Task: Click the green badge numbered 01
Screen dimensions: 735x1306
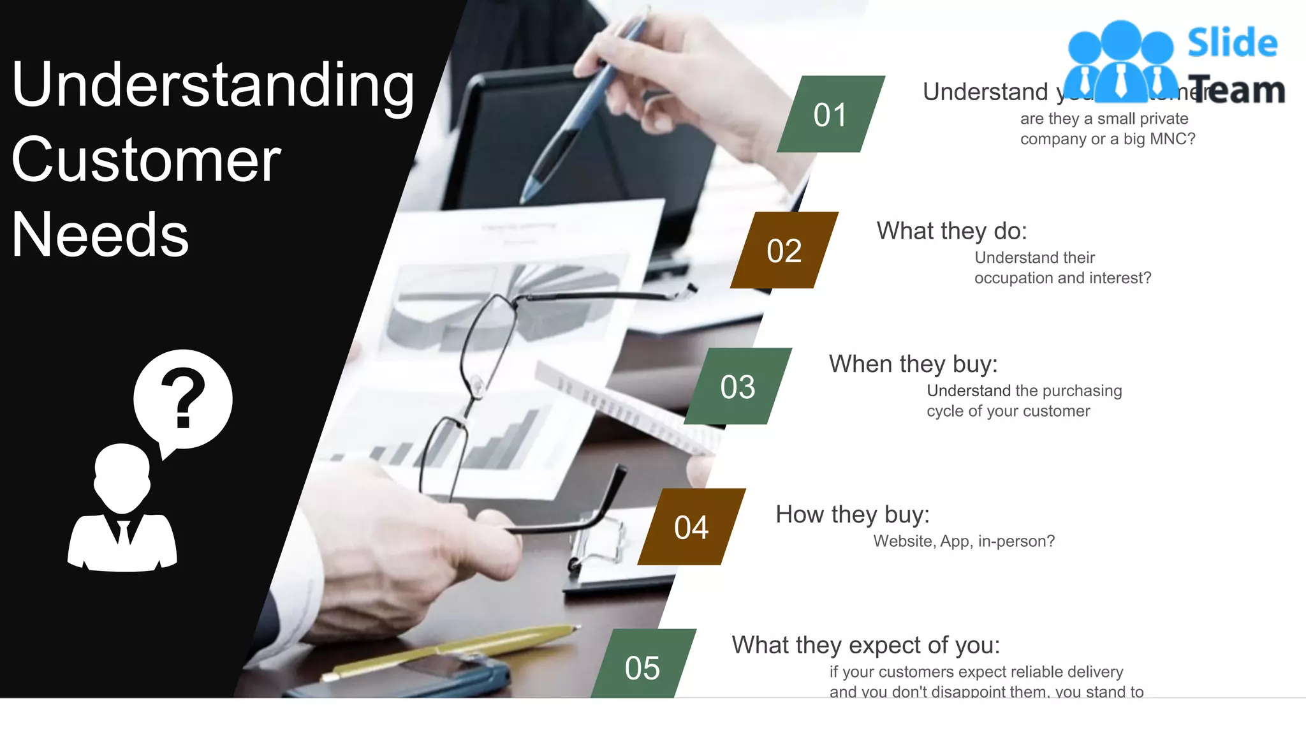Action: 830,114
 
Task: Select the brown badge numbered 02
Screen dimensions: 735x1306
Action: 784,250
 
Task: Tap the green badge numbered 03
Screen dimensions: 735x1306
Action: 738,386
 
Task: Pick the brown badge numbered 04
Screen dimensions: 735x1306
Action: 691,527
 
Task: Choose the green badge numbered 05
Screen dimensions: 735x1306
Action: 643,666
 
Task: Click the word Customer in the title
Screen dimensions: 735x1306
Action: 146,160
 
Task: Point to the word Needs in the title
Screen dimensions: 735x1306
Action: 100,235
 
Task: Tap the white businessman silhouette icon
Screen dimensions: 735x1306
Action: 122,510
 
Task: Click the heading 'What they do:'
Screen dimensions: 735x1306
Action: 951,231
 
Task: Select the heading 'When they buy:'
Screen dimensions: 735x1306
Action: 913,364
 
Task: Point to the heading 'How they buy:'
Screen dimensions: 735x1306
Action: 852,514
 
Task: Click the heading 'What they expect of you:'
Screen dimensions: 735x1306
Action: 865,645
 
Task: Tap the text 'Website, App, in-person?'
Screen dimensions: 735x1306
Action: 964,541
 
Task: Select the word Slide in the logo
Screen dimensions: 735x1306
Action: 1232,43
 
